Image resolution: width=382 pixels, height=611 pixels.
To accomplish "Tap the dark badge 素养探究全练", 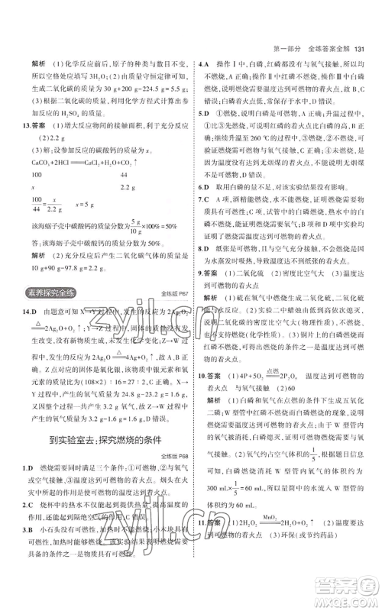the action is coord(44,293).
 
